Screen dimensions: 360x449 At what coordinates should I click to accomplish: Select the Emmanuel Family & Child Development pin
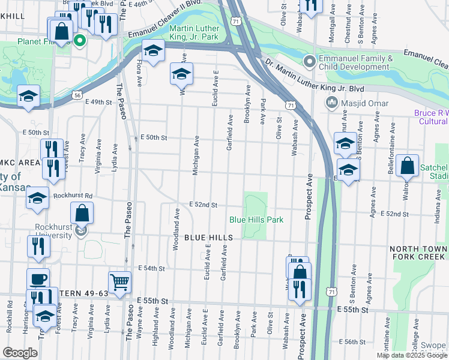(x=310, y=62)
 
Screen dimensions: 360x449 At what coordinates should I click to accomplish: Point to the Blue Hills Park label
(x=256, y=220)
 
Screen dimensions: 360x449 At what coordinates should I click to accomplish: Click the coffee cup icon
(x=38, y=279)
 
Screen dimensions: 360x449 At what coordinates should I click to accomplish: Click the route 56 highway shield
(x=77, y=95)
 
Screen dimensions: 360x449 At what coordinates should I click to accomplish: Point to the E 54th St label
(x=151, y=268)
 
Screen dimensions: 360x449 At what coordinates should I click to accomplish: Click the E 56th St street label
(x=352, y=341)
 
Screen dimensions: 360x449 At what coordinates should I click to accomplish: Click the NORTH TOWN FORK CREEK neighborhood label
(x=418, y=253)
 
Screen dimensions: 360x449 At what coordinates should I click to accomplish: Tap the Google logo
(x=20, y=353)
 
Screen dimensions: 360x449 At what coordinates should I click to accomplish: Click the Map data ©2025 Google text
(x=412, y=356)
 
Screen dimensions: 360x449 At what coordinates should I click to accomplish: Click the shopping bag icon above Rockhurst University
(x=82, y=213)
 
